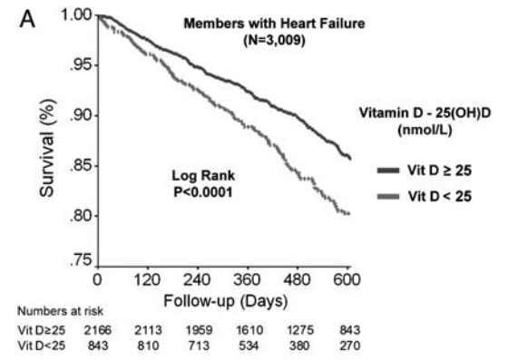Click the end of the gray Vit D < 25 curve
pyautogui.click(x=349, y=214)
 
